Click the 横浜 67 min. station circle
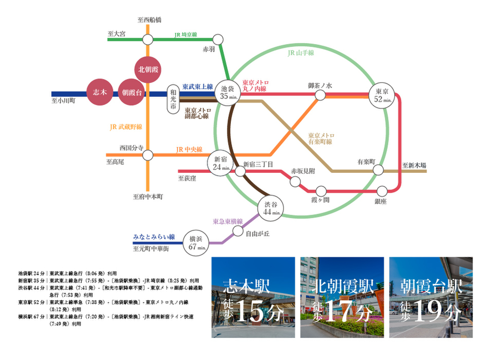click(197, 243)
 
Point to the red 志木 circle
click(99, 92)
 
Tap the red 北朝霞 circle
click(148, 69)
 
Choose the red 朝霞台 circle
click(131, 92)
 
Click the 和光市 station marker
click(173, 99)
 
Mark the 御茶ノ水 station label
click(320, 85)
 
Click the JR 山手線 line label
click(301, 53)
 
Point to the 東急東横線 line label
click(228, 221)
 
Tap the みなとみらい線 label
click(154, 237)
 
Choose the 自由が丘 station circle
click(238, 231)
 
